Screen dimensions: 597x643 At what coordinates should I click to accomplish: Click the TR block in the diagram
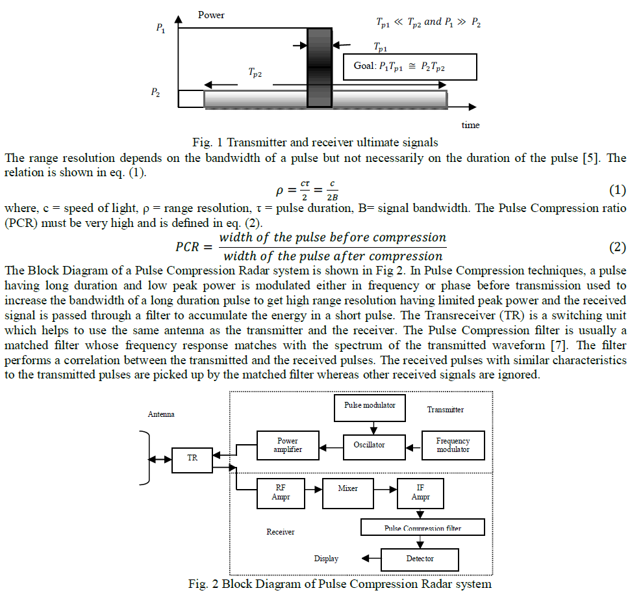tap(192, 458)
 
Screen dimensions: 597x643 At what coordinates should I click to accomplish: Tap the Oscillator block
tap(369, 445)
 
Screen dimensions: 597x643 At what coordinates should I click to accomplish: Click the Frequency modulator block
tap(453, 445)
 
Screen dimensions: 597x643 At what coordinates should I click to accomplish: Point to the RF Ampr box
tap(281, 493)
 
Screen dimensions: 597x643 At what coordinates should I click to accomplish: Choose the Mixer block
tap(349, 488)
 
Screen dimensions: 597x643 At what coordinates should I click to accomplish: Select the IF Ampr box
tap(420, 492)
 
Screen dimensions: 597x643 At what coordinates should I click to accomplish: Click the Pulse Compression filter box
tap(423, 527)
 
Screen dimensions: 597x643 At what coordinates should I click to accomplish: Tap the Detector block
tap(420, 559)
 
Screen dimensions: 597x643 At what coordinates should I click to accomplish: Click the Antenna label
tap(161, 414)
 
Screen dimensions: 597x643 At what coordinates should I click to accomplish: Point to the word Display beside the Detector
tap(326, 559)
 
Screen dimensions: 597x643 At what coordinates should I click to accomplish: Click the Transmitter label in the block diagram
tap(446, 410)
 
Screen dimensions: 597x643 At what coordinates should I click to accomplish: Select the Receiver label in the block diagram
tap(281, 532)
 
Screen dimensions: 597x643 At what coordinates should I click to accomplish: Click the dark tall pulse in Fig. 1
tap(319, 67)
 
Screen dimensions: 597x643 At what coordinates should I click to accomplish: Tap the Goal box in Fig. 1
tap(410, 66)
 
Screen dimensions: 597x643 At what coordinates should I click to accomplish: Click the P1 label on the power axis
tap(161, 29)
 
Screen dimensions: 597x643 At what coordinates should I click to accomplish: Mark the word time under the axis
tap(470, 125)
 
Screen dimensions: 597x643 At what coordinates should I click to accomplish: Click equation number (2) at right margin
tap(617, 247)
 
